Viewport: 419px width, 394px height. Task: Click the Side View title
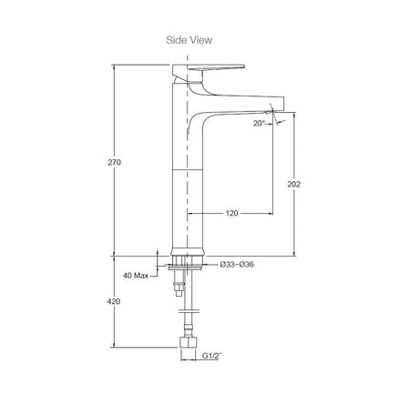pyautogui.click(x=189, y=40)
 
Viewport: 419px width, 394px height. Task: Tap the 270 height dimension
pyautogui.click(x=114, y=162)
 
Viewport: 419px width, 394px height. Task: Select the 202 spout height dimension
pyautogui.click(x=293, y=184)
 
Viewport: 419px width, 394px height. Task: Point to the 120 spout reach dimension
pyautogui.click(x=231, y=213)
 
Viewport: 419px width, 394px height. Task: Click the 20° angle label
pyautogui.click(x=259, y=123)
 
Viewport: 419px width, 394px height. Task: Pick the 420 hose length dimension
pyautogui.click(x=114, y=301)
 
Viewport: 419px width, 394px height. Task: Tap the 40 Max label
pyautogui.click(x=136, y=276)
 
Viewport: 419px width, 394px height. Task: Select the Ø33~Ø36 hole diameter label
pyautogui.click(x=237, y=265)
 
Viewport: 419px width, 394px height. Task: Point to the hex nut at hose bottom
pyautogui.click(x=188, y=341)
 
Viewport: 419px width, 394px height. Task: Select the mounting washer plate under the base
pyautogui.click(x=185, y=268)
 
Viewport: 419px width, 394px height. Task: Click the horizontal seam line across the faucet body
pyautogui.click(x=187, y=169)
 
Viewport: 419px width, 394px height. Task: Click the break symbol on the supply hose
pyautogui.click(x=189, y=311)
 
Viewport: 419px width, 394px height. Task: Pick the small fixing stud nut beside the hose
pyautogui.click(x=179, y=288)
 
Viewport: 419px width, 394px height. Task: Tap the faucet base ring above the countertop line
pyautogui.click(x=188, y=252)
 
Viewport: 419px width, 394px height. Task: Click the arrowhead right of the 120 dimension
pyautogui.click(x=271, y=214)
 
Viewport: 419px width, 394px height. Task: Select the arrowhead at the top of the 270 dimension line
pyautogui.click(x=114, y=67)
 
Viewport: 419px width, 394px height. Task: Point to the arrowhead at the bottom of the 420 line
pyautogui.click(x=114, y=345)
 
